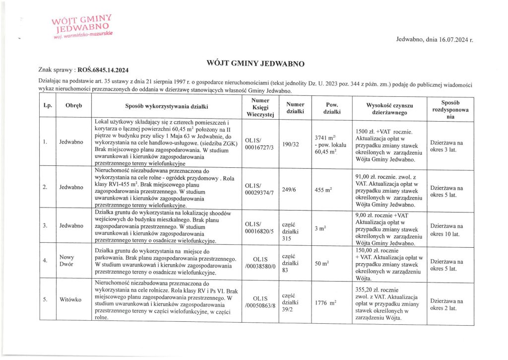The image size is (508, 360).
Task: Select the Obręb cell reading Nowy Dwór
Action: tap(66, 261)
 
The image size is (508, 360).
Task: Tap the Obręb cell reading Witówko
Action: tap(70, 299)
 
